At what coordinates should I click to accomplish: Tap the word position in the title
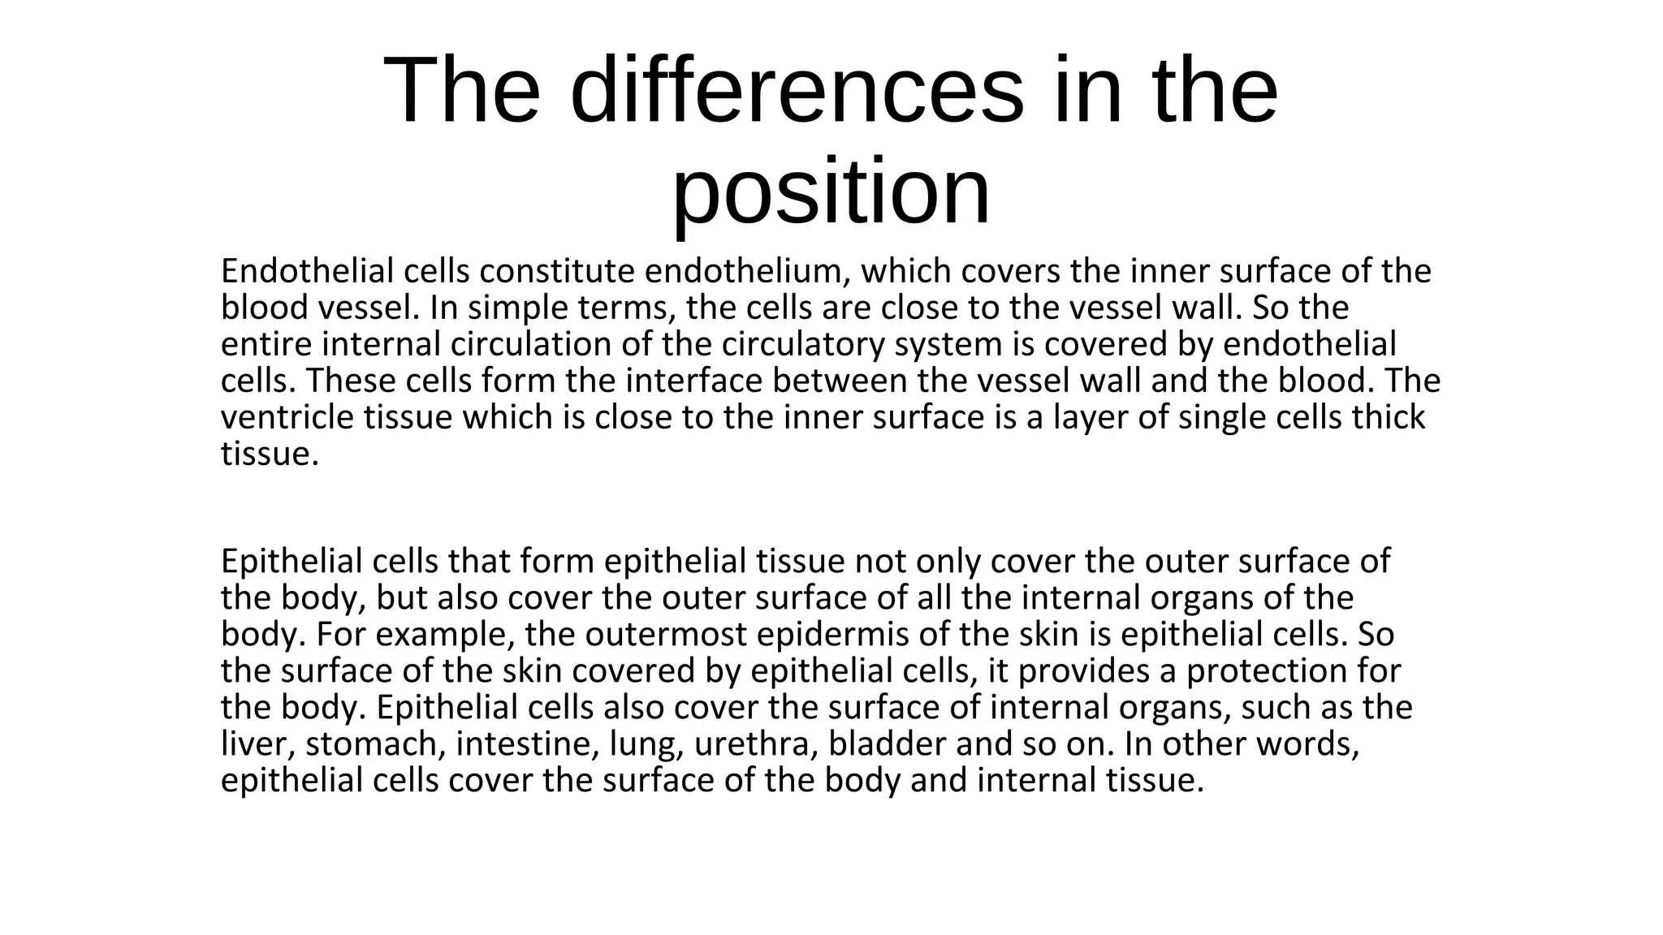pyautogui.click(x=831, y=192)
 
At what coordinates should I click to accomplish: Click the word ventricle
pyautogui.click(x=287, y=417)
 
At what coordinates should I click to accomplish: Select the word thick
pyautogui.click(x=1389, y=417)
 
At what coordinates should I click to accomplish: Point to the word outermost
pyautogui.click(x=665, y=634)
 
